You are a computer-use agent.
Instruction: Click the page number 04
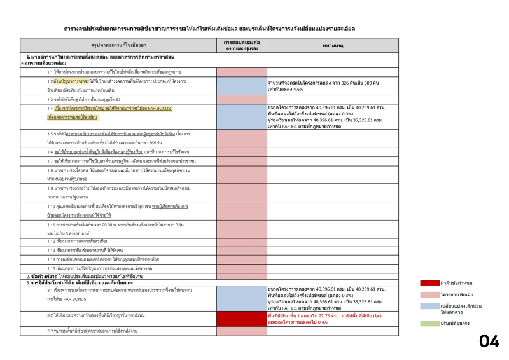pos(489,342)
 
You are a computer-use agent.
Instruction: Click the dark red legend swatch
pos(429,283)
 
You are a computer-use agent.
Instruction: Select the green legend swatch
pos(429,324)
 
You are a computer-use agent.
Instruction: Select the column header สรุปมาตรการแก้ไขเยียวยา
pos(118,46)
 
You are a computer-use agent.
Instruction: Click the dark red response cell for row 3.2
pos(241,318)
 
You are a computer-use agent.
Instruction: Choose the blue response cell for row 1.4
pos(241,116)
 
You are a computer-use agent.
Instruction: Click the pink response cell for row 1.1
pos(241,72)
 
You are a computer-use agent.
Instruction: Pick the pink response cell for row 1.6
pos(241,152)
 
